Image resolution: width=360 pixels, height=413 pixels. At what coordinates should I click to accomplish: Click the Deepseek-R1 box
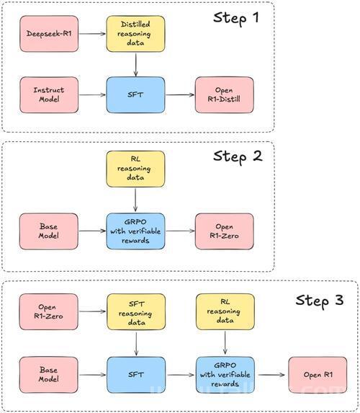[49, 34]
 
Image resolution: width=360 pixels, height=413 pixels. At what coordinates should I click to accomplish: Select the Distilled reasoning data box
[135, 34]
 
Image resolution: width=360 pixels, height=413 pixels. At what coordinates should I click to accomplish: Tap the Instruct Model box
[49, 95]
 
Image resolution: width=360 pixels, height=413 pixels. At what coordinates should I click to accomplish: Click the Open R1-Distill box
[224, 95]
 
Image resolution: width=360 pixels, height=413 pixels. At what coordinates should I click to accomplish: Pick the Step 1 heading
[235, 19]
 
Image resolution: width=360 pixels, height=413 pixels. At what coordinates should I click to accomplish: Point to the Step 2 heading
[238, 157]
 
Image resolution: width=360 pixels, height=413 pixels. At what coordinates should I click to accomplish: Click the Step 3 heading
[320, 301]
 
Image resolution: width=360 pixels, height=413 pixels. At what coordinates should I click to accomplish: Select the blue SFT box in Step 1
[135, 95]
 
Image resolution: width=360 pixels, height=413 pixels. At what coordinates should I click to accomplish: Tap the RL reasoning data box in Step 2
[135, 169]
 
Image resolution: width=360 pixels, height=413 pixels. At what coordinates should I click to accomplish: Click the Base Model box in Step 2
[49, 231]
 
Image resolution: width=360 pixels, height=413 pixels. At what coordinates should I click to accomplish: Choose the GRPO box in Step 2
[135, 231]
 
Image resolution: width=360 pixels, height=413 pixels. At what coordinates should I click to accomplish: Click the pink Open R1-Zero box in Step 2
[224, 231]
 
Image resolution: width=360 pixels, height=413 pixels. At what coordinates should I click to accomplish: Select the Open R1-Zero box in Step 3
[49, 311]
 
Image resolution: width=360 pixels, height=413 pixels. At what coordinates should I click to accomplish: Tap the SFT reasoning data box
[136, 311]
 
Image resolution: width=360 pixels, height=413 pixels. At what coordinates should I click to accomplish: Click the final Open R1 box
[318, 375]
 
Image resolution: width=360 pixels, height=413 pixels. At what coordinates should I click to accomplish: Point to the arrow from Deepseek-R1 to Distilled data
[92, 34]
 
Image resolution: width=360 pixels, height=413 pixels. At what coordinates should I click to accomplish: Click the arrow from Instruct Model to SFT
[92, 95]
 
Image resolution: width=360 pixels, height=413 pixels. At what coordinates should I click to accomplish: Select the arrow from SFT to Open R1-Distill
[180, 95]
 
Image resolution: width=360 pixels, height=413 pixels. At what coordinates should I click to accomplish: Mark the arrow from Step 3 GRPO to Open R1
[271, 375]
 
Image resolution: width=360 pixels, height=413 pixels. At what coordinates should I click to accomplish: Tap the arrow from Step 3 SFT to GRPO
[181, 375]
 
